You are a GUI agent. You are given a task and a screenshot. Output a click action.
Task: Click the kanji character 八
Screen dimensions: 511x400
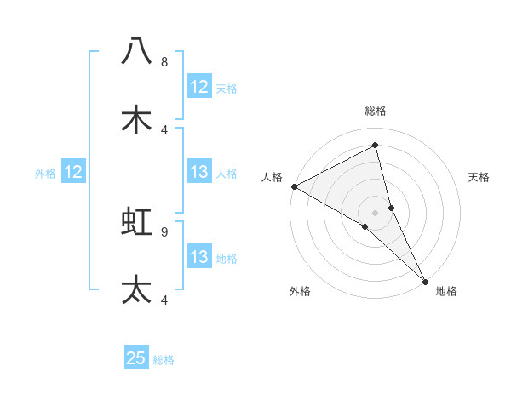tap(136, 51)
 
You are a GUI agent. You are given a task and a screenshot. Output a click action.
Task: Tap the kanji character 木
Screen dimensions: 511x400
tap(136, 119)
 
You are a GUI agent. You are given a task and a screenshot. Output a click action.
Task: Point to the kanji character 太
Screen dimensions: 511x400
tap(136, 289)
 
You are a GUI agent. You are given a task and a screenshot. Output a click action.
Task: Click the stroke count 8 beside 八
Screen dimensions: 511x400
tap(164, 62)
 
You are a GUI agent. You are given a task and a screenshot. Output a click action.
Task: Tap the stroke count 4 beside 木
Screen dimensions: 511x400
tap(164, 129)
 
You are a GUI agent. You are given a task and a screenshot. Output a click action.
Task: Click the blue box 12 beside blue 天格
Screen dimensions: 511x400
tap(199, 87)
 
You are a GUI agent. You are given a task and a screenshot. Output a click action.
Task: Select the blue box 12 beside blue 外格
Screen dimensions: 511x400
tap(73, 173)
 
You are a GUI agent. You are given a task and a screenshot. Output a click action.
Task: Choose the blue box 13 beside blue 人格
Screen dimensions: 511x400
tap(199, 173)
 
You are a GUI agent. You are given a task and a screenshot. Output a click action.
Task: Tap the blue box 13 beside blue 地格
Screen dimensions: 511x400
tap(199, 257)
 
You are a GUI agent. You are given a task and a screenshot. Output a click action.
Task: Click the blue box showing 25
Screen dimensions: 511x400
tap(136, 358)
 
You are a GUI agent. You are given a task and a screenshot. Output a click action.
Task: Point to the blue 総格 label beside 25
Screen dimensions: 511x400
tap(164, 360)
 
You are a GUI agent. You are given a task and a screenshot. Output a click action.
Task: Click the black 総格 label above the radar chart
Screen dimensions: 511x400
tap(376, 111)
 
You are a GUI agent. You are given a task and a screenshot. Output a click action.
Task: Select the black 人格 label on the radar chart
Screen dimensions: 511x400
tap(272, 177)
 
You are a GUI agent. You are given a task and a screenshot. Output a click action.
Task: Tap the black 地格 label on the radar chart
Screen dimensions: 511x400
tap(446, 291)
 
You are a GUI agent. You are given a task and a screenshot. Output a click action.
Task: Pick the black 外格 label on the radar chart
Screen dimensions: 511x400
tap(300, 291)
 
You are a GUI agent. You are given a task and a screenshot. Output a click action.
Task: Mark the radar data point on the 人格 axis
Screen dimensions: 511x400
tap(294, 186)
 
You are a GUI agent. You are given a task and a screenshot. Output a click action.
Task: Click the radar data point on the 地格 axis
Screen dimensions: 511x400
tap(424, 280)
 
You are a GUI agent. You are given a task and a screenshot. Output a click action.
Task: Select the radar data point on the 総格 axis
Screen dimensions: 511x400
tap(376, 146)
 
